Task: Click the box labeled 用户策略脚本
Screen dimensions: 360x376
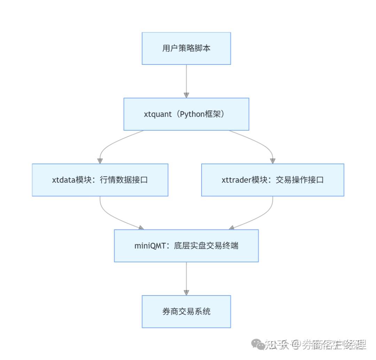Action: (186, 48)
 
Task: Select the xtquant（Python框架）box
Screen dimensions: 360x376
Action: (186, 114)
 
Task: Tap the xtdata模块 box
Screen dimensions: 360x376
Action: (100, 180)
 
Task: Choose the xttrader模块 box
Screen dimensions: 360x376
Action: (273, 180)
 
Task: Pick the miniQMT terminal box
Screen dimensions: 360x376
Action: (186, 246)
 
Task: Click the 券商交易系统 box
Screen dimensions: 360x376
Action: (186, 311)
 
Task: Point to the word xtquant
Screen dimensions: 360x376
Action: (158, 114)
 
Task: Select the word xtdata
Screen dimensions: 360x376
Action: (64, 180)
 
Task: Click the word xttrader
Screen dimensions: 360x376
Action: (236, 180)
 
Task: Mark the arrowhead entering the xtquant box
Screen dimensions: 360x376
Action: (186, 95)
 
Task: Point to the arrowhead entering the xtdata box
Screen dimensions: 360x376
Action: (100, 161)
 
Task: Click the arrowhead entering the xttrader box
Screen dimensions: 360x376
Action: (273, 161)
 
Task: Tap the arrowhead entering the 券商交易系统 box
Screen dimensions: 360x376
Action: (186, 293)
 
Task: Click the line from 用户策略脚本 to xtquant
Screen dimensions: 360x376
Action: (186, 78)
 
